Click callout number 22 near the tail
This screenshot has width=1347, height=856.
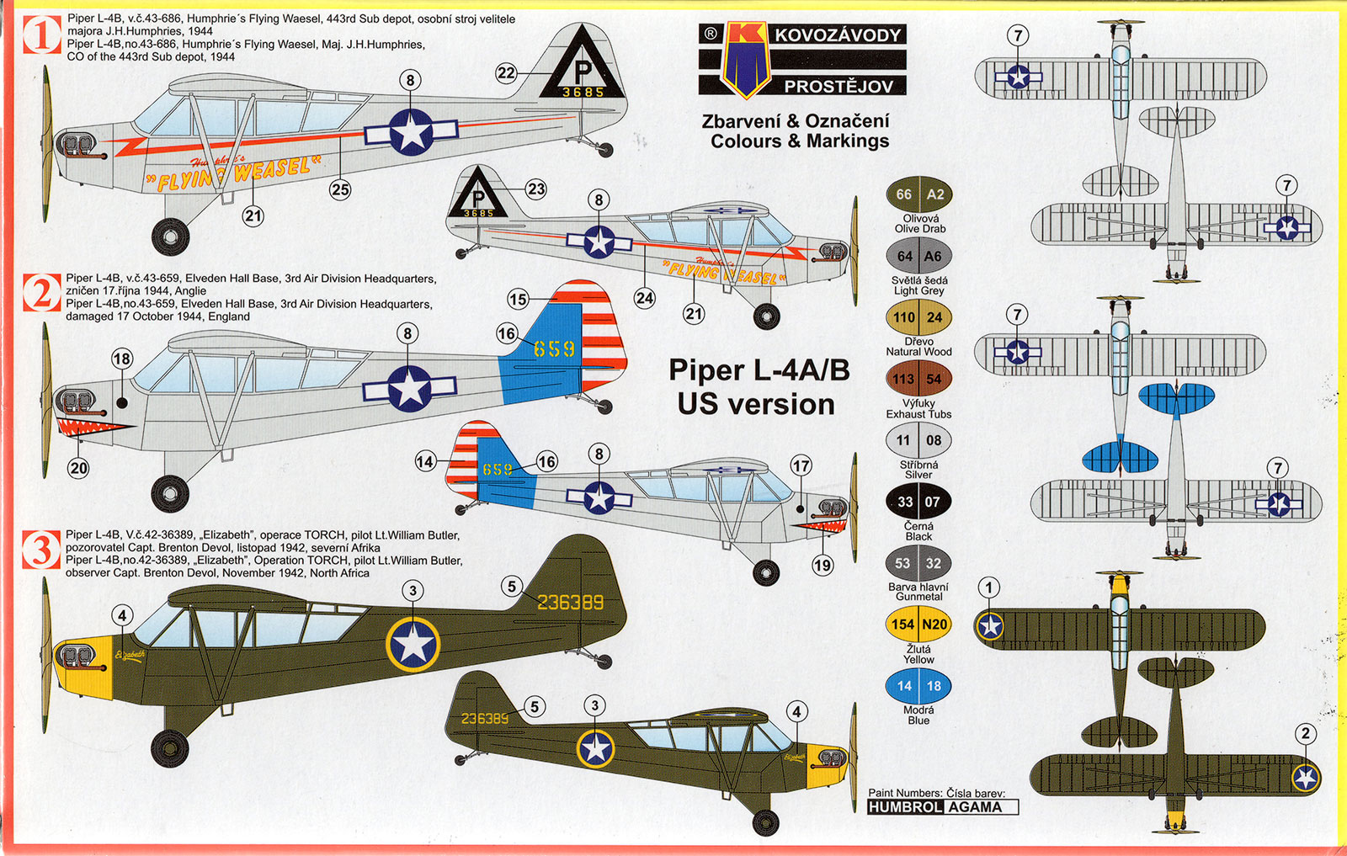pos(505,73)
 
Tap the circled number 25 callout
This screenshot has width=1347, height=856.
pos(340,189)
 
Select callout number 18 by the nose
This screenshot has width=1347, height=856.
pos(122,359)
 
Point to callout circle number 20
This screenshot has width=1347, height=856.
pos(78,467)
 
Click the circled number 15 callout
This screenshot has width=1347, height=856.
pos(518,300)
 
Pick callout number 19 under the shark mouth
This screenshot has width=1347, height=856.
pos(823,565)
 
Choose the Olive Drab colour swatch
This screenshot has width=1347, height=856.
pos(919,194)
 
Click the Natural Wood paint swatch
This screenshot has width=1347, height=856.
pos(919,317)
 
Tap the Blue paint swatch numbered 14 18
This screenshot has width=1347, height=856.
pos(919,686)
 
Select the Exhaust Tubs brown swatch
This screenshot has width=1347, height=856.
pos(919,379)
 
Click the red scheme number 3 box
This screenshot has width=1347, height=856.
pos(40,550)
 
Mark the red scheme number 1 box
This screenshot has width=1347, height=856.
pos(40,36)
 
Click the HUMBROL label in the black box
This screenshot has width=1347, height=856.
pos(905,807)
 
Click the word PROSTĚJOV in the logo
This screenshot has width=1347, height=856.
pos(838,86)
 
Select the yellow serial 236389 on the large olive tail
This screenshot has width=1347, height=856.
pos(570,603)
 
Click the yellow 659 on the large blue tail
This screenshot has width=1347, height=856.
pos(554,348)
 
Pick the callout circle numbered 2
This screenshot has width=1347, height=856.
pos(1306,734)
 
